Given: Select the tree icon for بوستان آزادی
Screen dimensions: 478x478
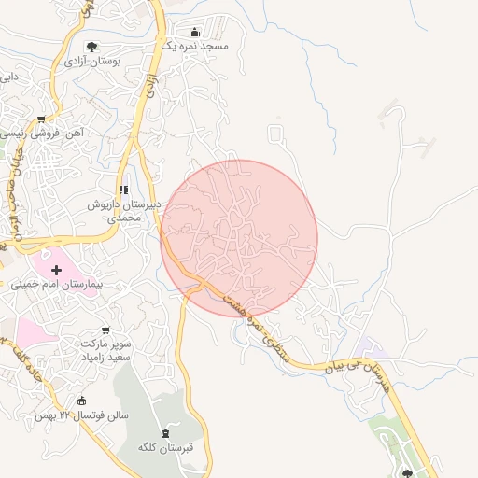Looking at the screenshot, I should pyautogui.click(x=91, y=47).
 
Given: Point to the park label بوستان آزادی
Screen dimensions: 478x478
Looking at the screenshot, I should pyautogui.click(x=91, y=61).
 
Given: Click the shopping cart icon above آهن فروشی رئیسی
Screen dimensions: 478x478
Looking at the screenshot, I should pyautogui.click(x=41, y=119).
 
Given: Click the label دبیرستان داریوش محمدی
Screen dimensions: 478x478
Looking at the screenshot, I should pyautogui.click(x=124, y=210).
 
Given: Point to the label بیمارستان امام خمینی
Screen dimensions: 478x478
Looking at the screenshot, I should pyautogui.click(x=56, y=283).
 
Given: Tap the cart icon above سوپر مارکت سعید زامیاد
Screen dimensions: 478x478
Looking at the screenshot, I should pyautogui.click(x=105, y=330).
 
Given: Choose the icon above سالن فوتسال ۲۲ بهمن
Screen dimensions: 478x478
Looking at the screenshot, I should pyautogui.click(x=81, y=401).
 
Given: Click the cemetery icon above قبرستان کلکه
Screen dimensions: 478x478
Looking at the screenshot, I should pyautogui.click(x=165, y=433).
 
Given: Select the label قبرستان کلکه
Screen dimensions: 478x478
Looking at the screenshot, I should pyautogui.click(x=165, y=447).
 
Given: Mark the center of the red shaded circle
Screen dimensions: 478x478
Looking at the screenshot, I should pyautogui.click(x=239, y=238).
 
